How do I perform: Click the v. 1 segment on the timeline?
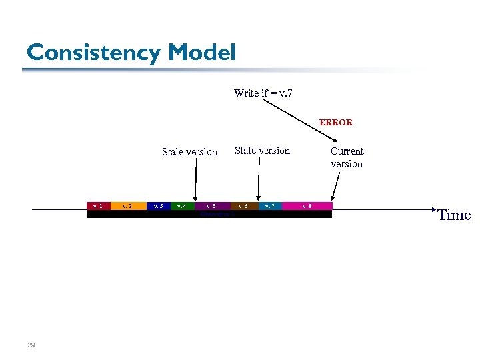tap(97, 206)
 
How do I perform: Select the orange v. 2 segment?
tap(128, 206)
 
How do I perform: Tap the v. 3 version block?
tap(158, 206)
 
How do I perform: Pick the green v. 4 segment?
tap(181, 206)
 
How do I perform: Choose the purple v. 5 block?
tap(211, 206)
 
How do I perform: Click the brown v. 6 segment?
tap(244, 206)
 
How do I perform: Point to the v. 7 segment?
tap(269, 206)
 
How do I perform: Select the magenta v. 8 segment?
tap(306, 206)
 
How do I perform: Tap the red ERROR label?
tap(336, 123)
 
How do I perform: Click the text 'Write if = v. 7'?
tap(263, 93)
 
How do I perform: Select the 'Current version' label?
tap(347, 157)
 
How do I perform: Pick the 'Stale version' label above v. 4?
tap(189, 152)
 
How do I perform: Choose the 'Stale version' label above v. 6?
tap(262, 151)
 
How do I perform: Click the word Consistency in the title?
tap(93, 52)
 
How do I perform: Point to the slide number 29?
tap(31, 345)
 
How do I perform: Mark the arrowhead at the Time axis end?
tap(431, 210)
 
